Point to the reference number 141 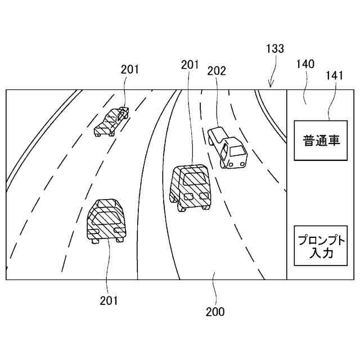pyautogui.click(x=336, y=75)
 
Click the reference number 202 pyautogui.click(x=217, y=71)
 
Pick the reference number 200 pyautogui.click(x=215, y=312)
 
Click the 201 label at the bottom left pyautogui.click(x=109, y=300)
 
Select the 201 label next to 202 pyautogui.click(x=190, y=65)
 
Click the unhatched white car pyautogui.click(x=228, y=147)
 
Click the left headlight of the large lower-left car pyautogui.click(x=96, y=231)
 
